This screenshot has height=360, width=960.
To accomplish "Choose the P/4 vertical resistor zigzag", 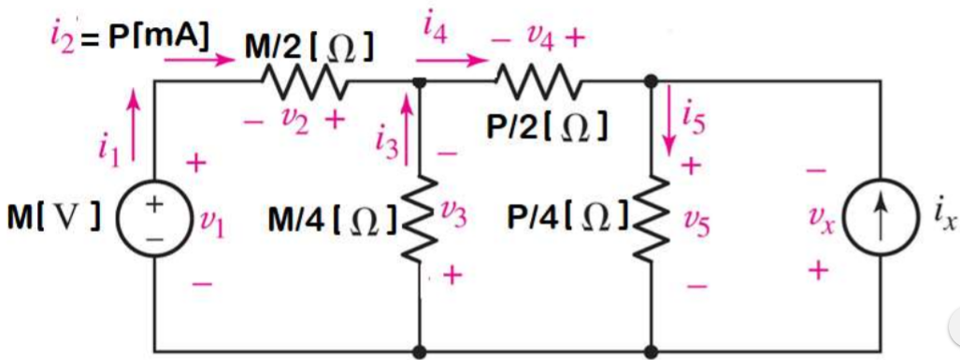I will pos(651,221).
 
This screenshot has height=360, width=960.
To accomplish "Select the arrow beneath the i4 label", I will pos(459,61).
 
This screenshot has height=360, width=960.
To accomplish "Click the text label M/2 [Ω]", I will pos(310,47).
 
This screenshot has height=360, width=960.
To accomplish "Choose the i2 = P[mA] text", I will pos(131,37).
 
